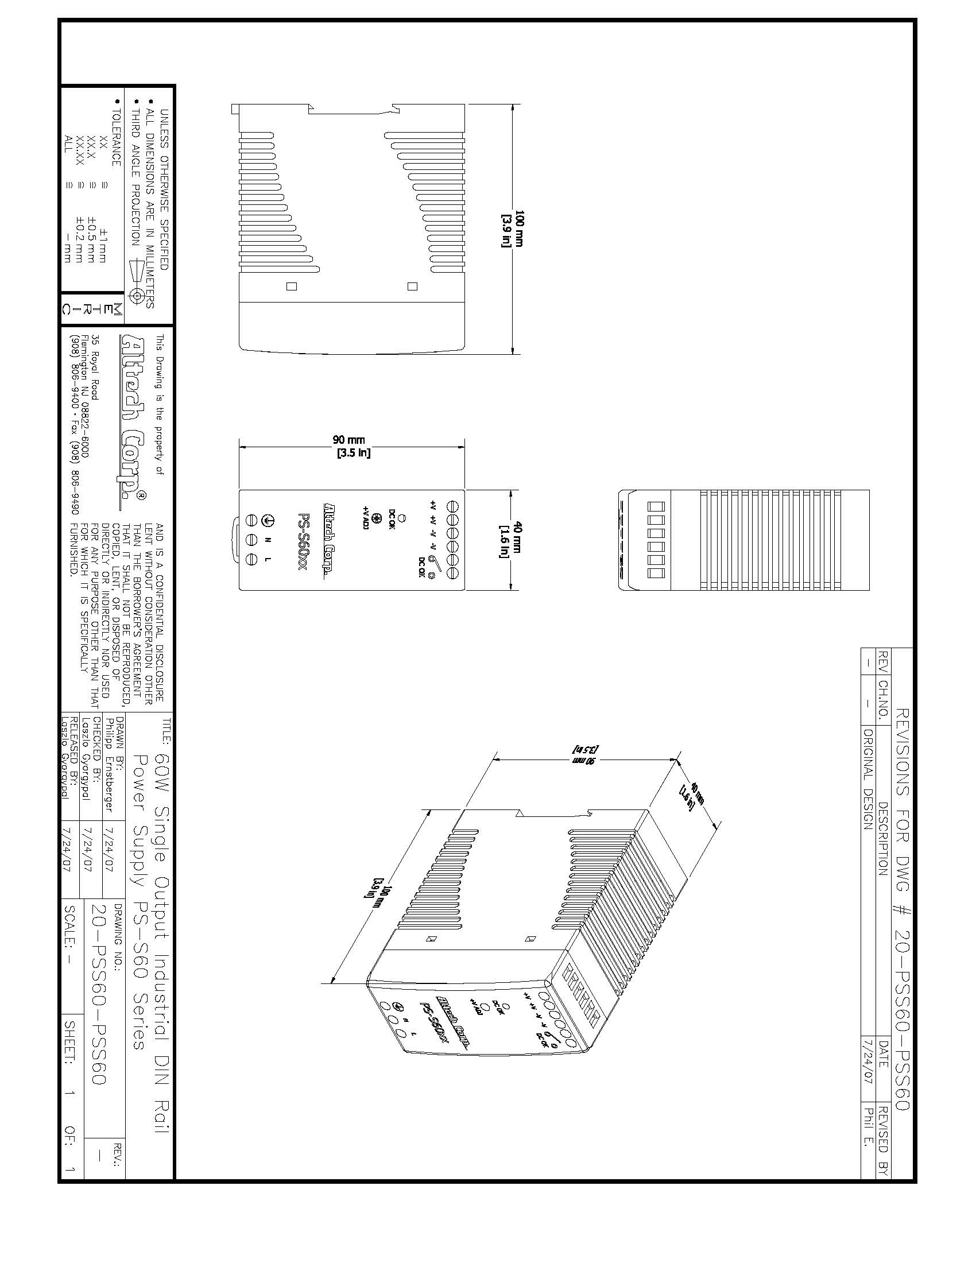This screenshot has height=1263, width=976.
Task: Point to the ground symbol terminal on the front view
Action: click(268, 520)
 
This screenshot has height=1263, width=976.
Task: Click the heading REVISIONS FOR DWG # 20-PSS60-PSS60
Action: click(902, 909)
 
